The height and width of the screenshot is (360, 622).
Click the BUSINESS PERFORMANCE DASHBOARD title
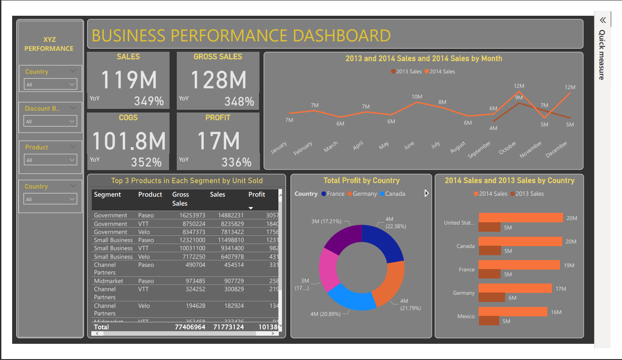tap(241, 36)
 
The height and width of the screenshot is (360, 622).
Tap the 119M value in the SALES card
tap(129, 80)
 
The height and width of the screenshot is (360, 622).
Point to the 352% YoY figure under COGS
tap(146, 162)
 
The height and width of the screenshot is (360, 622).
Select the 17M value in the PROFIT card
tap(219, 140)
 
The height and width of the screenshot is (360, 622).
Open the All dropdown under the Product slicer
tap(50, 160)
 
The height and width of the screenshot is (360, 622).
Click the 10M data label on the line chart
tap(416, 97)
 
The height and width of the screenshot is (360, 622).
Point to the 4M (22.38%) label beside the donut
tap(395, 223)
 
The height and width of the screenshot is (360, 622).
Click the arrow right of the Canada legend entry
tap(426, 193)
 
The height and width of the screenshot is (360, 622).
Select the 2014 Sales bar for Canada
tap(520, 242)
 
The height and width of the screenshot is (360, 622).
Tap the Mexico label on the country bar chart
tap(465, 316)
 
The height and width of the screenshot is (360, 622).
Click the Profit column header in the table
tap(257, 194)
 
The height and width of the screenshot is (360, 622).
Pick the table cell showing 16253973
tap(188, 216)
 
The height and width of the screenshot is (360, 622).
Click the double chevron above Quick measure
tap(603, 20)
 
